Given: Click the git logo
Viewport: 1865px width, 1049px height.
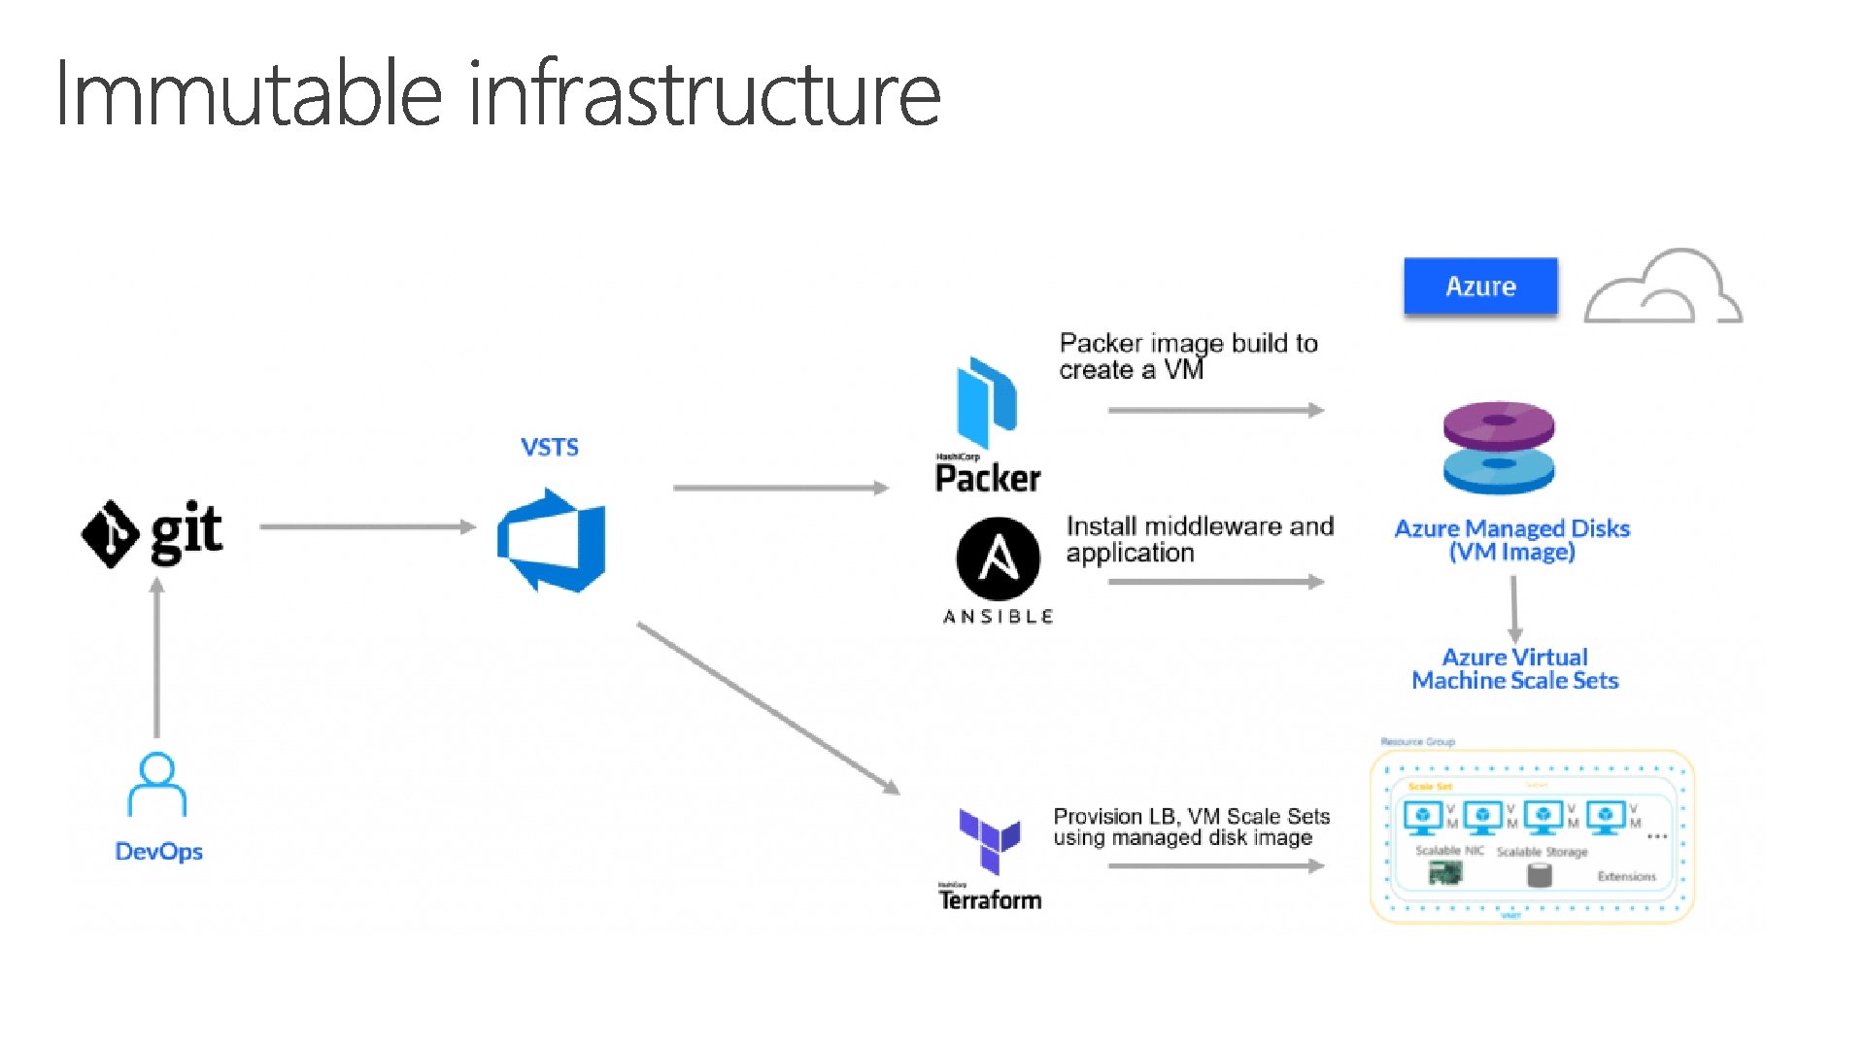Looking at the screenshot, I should click(x=152, y=532).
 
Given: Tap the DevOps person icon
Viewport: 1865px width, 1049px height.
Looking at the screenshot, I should click(x=157, y=785).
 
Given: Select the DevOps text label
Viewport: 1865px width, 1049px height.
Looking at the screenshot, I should click(x=158, y=852).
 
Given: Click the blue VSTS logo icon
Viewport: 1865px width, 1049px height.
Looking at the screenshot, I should click(x=552, y=540).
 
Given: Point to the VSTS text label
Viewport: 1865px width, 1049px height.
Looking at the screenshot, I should click(x=550, y=448).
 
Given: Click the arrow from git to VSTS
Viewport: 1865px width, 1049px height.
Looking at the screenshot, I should click(x=367, y=526).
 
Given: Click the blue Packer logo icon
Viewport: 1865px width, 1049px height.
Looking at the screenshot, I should click(x=987, y=402).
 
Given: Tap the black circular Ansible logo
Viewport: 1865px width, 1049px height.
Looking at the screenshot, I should click(x=999, y=558).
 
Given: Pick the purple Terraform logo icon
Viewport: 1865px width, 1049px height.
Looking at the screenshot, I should click(x=989, y=839).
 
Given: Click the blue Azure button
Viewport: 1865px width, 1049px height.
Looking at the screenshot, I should click(x=1480, y=287).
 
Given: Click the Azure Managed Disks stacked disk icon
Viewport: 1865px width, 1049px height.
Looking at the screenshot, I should click(x=1499, y=448).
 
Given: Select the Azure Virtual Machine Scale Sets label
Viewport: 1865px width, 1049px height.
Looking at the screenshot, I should click(x=1514, y=669).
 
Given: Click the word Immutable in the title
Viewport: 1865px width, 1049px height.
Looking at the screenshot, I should click(x=249, y=94).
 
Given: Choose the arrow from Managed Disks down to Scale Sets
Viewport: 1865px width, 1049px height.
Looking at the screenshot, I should click(x=1513, y=608).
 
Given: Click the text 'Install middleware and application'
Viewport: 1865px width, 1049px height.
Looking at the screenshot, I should click(x=1200, y=539).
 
